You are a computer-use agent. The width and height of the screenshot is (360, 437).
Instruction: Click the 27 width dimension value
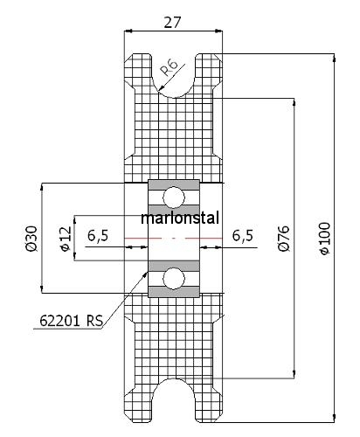tap(172, 22)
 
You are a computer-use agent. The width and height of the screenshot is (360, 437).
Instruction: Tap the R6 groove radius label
tap(170, 67)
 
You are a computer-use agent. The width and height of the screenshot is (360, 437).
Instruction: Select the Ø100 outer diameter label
tap(325, 239)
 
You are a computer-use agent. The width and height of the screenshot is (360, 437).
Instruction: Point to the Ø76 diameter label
tap(284, 238)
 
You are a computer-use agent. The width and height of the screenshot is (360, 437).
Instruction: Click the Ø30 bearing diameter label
tap(31, 238)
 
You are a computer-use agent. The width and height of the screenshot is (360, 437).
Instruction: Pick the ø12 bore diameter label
tap(66, 238)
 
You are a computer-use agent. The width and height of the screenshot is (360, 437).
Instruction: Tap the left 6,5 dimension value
tap(98, 235)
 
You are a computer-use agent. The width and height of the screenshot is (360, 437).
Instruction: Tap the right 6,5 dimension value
tap(243, 235)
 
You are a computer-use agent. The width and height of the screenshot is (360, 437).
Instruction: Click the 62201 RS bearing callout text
tap(72, 321)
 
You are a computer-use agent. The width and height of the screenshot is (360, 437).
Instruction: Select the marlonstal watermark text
tap(180, 218)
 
